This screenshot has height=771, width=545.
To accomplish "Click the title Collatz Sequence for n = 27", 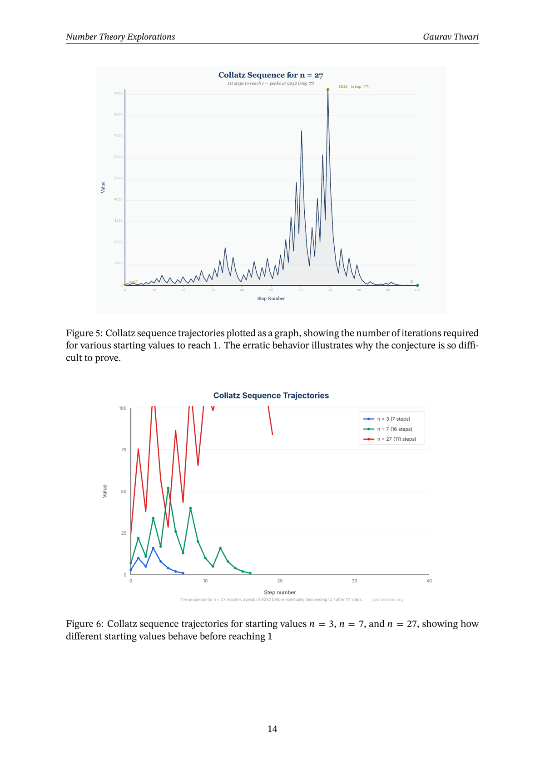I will [x=271, y=75].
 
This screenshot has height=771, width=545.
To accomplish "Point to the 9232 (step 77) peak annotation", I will [x=354, y=86].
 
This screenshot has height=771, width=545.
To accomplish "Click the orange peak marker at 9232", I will [x=328, y=90].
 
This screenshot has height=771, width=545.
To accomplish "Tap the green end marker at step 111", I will [x=417, y=285].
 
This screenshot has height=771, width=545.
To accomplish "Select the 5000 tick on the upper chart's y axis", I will [x=119, y=178].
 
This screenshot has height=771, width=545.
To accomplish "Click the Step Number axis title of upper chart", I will [x=271, y=298].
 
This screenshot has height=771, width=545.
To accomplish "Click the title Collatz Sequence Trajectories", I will [x=271, y=395].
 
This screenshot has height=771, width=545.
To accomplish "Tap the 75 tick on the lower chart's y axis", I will [x=124, y=450].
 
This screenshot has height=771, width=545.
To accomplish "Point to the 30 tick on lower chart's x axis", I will [x=354, y=581].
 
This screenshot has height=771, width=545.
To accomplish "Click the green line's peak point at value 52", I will [x=168, y=488].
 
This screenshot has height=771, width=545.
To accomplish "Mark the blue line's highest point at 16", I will [x=153, y=548].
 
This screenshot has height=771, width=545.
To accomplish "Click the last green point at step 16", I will [x=250, y=573].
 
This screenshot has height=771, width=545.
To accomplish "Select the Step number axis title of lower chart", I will [x=280, y=592].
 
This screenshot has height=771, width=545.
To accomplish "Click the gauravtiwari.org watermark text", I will [x=387, y=600].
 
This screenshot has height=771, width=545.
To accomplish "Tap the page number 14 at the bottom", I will [x=272, y=729].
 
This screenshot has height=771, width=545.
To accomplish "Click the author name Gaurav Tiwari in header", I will [x=451, y=37].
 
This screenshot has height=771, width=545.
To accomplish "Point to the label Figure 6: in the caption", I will [x=84, y=624].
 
